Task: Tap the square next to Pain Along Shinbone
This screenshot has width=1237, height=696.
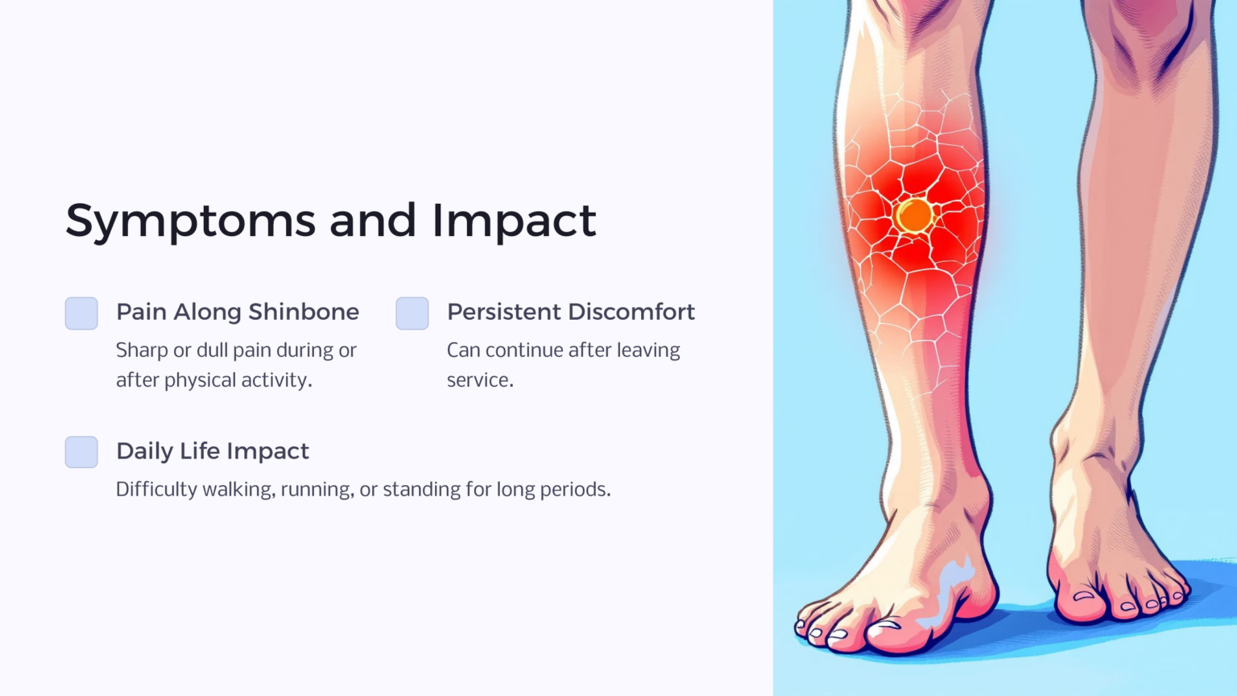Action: (81, 313)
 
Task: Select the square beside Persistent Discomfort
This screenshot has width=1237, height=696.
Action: (412, 313)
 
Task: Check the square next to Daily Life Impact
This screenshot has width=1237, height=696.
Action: (81, 452)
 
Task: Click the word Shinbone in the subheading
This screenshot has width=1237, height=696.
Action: (304, 312)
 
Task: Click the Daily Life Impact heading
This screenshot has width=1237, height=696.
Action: (213, 451)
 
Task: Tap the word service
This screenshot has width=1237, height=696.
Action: (479, 380)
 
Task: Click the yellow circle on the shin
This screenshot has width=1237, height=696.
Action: (914, 216)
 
